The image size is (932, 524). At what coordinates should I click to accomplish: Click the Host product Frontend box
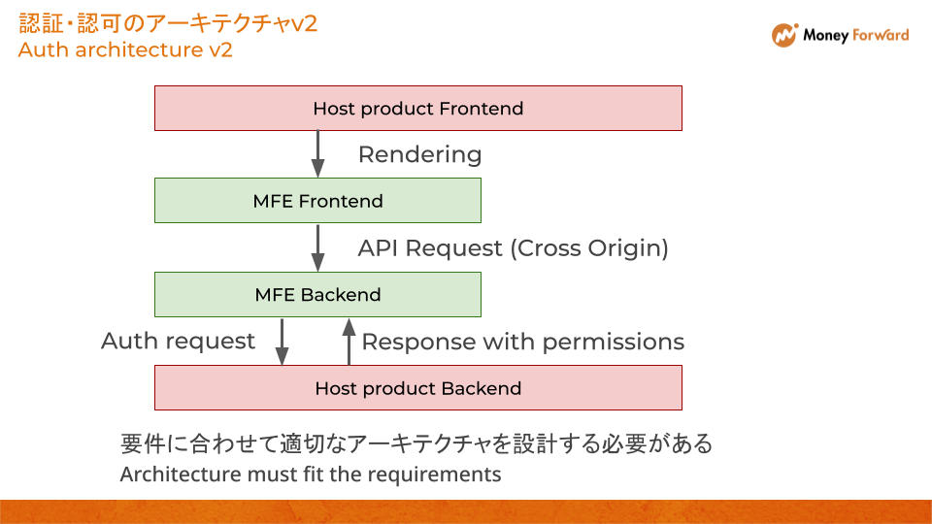(x=418, y=108)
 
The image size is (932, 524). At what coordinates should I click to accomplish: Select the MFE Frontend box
(x=317, y=201)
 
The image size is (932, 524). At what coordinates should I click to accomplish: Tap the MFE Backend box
(x=317, y=294)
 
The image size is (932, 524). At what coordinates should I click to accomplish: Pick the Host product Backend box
(x=418, y=388)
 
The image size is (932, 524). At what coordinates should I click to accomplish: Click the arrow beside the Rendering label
(x=317, y=154)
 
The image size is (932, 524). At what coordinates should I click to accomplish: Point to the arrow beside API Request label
(x=317, y=247)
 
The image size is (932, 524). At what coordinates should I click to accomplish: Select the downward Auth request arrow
(x=283, y=341)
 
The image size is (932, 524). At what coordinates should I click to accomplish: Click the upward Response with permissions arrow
(x=348, y=342)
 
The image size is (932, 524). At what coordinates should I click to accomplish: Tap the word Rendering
(x=419, y=154)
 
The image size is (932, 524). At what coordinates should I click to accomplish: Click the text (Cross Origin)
(x=589, y=248)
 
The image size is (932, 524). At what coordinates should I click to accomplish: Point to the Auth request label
(x=178, y=341)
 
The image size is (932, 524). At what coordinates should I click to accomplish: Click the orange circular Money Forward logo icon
(x=784, y=36)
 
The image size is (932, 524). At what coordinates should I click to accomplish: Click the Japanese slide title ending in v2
(x=168, y=23)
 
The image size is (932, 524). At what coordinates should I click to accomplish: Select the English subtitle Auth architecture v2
(x=125, y=49)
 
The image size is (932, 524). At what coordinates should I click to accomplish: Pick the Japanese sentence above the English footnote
(x=416, y=444)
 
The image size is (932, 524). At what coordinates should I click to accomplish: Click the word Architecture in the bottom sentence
(x=180, y=475)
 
